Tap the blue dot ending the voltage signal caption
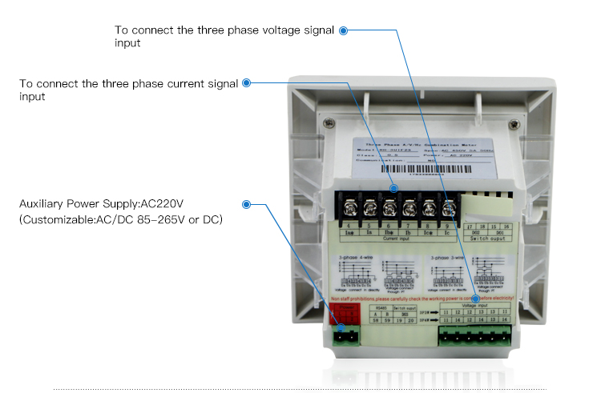343,30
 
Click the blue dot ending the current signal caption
246,82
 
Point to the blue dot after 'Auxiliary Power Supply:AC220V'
246,205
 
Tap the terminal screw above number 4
350,210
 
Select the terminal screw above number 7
409,210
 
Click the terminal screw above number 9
449,210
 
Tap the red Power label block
348,310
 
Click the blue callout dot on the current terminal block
393,190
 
